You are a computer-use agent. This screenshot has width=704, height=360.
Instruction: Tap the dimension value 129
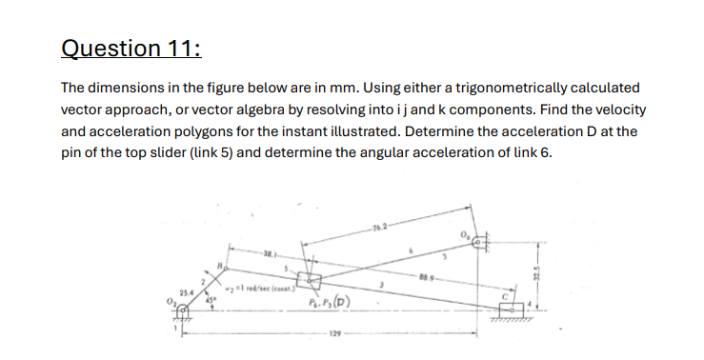click(x=335, y=335)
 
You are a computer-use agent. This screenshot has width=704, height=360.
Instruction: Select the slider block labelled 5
click(x=310, y=280)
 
